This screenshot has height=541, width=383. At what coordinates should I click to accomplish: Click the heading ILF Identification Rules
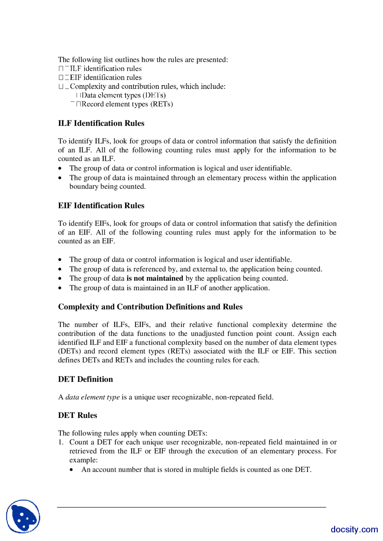point(101,123)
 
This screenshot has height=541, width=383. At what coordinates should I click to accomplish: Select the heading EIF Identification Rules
point(101,206)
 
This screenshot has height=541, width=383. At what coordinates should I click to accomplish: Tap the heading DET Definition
point(86,379)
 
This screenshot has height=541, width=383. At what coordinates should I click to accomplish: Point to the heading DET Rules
point(77,416)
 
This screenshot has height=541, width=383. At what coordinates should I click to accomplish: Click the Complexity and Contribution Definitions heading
point(150,307)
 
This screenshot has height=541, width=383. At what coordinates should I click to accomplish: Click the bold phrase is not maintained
point(155,278)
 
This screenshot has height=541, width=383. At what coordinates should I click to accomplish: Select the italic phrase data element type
point(92,397)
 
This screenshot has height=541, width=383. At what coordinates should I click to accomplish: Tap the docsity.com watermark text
point(354,529)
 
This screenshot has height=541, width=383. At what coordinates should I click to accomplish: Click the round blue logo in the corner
point(23,516)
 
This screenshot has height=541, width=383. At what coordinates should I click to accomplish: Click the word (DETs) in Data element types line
point(154,95)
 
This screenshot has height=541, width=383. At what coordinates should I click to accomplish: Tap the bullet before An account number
point(72,470)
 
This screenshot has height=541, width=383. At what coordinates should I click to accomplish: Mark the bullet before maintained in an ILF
point(60,288)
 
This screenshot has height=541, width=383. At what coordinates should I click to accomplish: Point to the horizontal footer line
point(191,507)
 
